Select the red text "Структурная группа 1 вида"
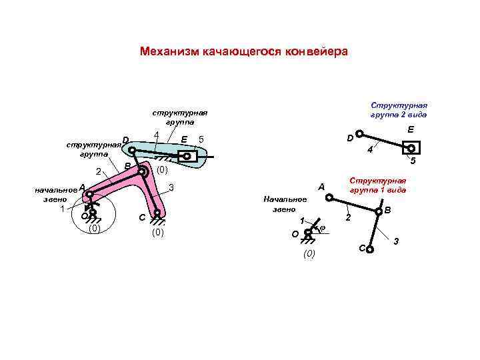[x=378, y=185]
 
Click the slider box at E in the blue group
[x=187, y=157]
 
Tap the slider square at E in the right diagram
[x=413, y=148]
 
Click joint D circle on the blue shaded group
[x=132, y=150]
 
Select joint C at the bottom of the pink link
[x=157, y=215]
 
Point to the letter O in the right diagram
[x=296, y=234]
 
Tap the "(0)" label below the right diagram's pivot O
[x=309, y=254]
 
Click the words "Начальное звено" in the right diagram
[x=285, y=204]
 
